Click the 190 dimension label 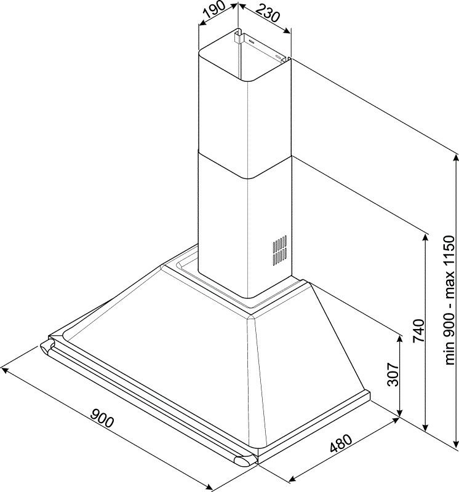[215, 9]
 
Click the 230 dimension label [267, 13]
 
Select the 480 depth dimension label [341, 443]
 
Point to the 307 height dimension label [393, 374]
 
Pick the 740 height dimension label [418, 331]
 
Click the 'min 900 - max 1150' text [449, 300]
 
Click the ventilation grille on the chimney [279, 250]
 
